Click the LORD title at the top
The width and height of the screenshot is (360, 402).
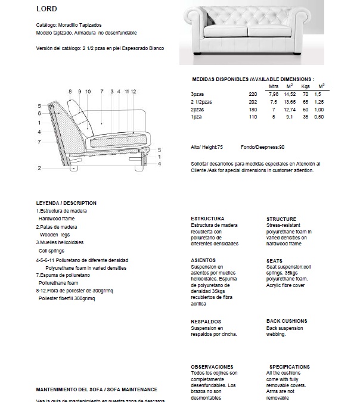(x=46, y=10)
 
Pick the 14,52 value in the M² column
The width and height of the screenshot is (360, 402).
(x=290, y=94)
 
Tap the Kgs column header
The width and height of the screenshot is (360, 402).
(x=306, y=87)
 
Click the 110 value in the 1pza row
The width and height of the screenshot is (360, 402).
(x=253, y=117)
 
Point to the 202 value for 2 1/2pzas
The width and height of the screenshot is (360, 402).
(x=253, y=102)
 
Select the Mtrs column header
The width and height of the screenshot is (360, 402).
(x=274, y=87)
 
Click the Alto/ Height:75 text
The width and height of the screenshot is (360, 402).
(x=207, y=147)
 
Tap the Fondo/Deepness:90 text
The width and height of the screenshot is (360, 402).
(x=262, y=147)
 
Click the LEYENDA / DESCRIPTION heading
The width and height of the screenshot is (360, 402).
(x=66, y=203)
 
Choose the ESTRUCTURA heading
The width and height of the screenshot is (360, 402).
(x=207, y=219)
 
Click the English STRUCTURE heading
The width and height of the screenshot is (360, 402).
(x=281, y=219)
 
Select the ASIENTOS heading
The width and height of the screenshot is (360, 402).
(x=203, y=260)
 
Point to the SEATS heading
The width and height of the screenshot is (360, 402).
(x=275, y=261)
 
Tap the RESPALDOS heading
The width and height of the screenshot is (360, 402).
(x=206, y=322)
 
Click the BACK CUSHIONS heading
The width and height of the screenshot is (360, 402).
(x=287, y=322)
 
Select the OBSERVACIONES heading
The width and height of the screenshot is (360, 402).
(x=212, y=367)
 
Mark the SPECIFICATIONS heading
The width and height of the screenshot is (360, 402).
(x=290, y=367)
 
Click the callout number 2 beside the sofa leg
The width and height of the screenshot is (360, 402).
(x=39, y=169)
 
